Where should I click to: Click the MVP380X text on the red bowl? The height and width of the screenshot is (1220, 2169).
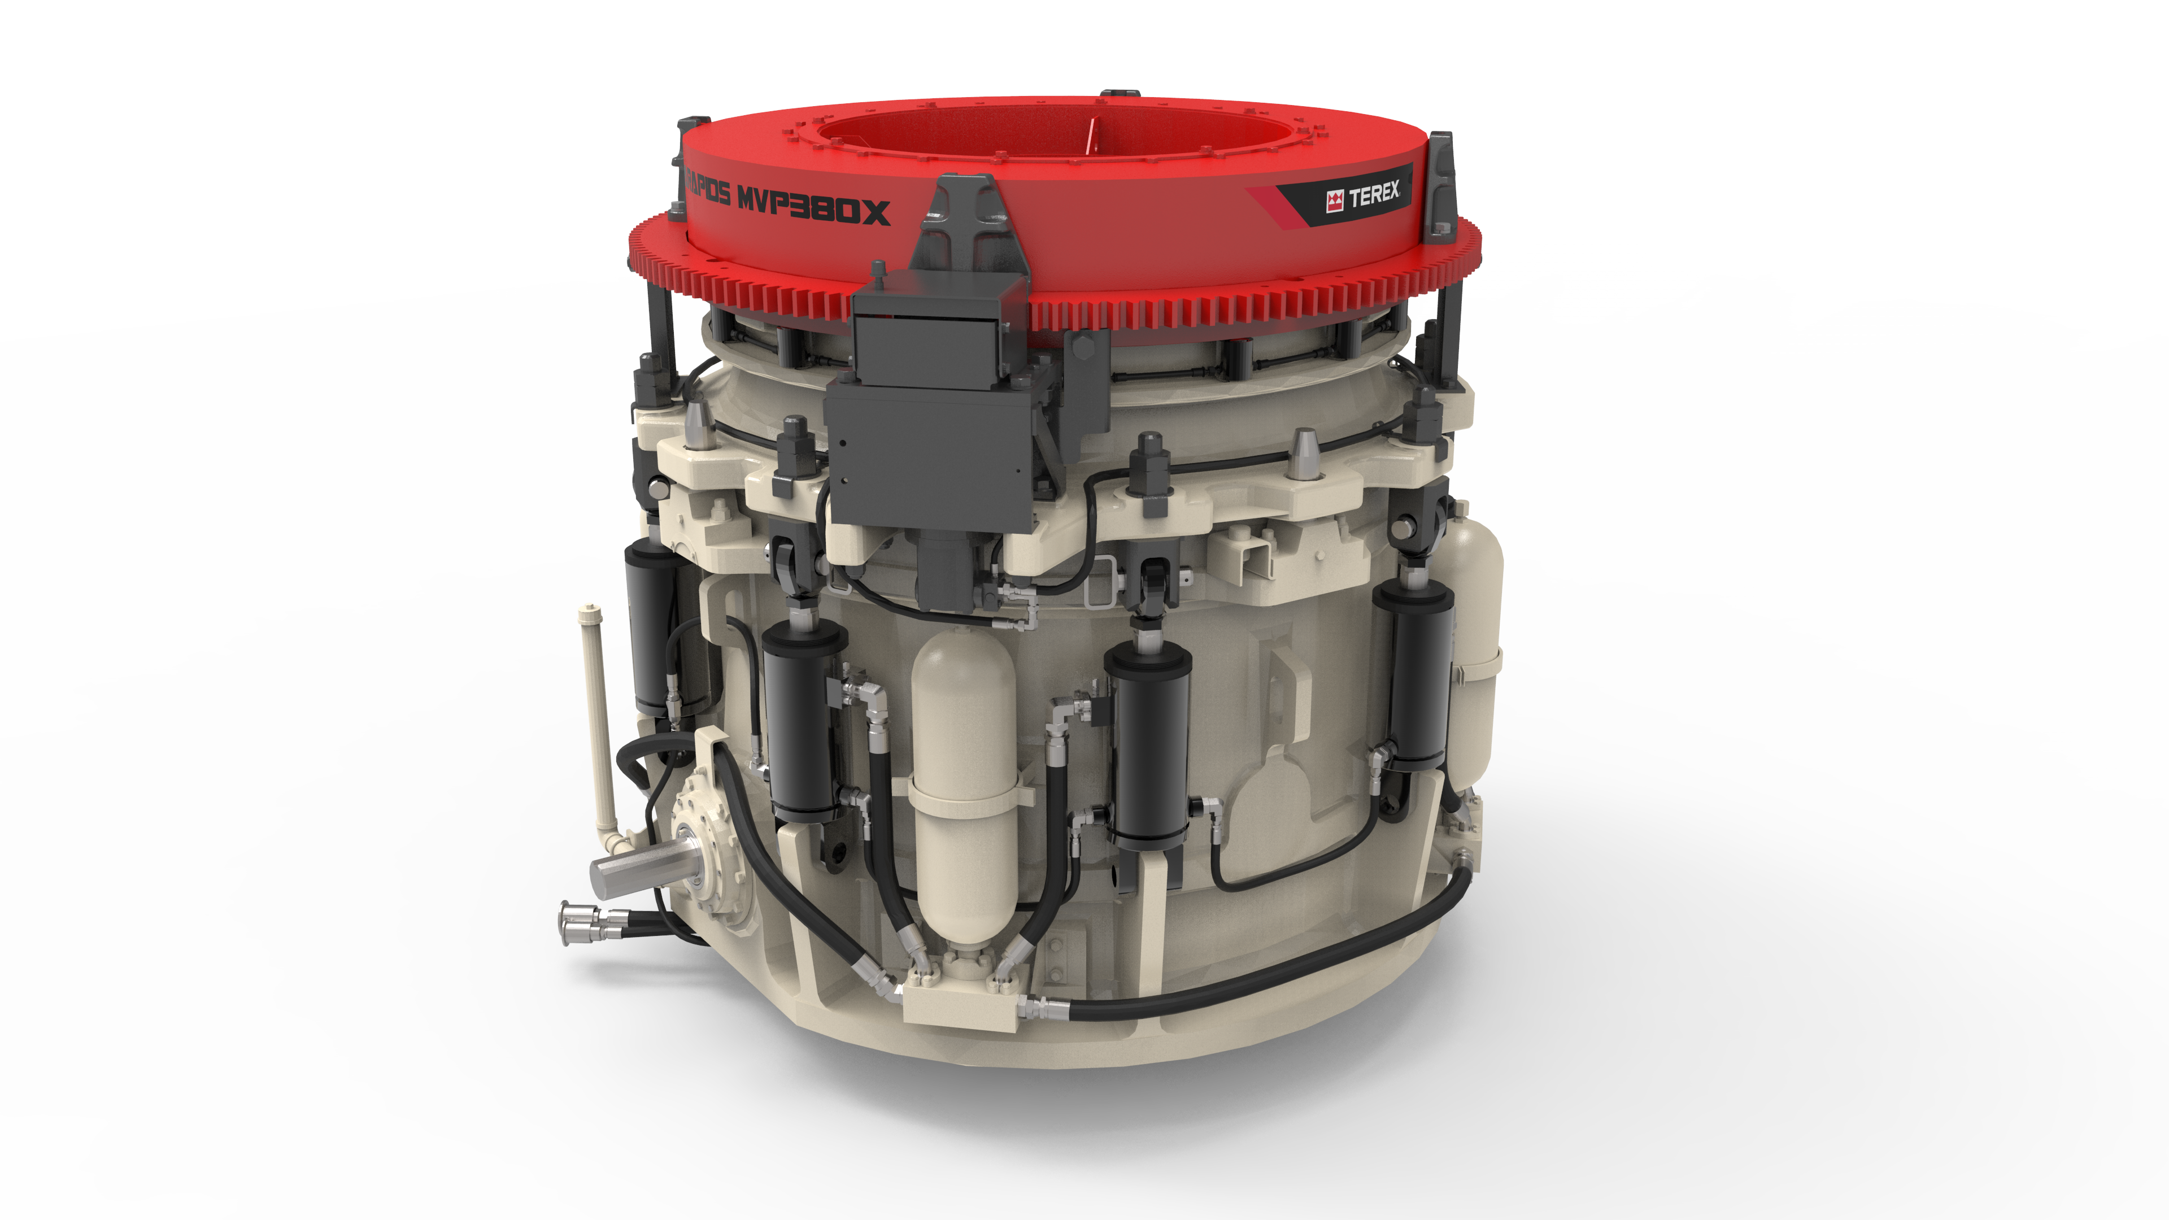click(813, 208)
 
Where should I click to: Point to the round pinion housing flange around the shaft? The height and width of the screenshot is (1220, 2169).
click(707, 851)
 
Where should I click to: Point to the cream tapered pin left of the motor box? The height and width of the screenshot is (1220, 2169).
click(699, 425)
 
